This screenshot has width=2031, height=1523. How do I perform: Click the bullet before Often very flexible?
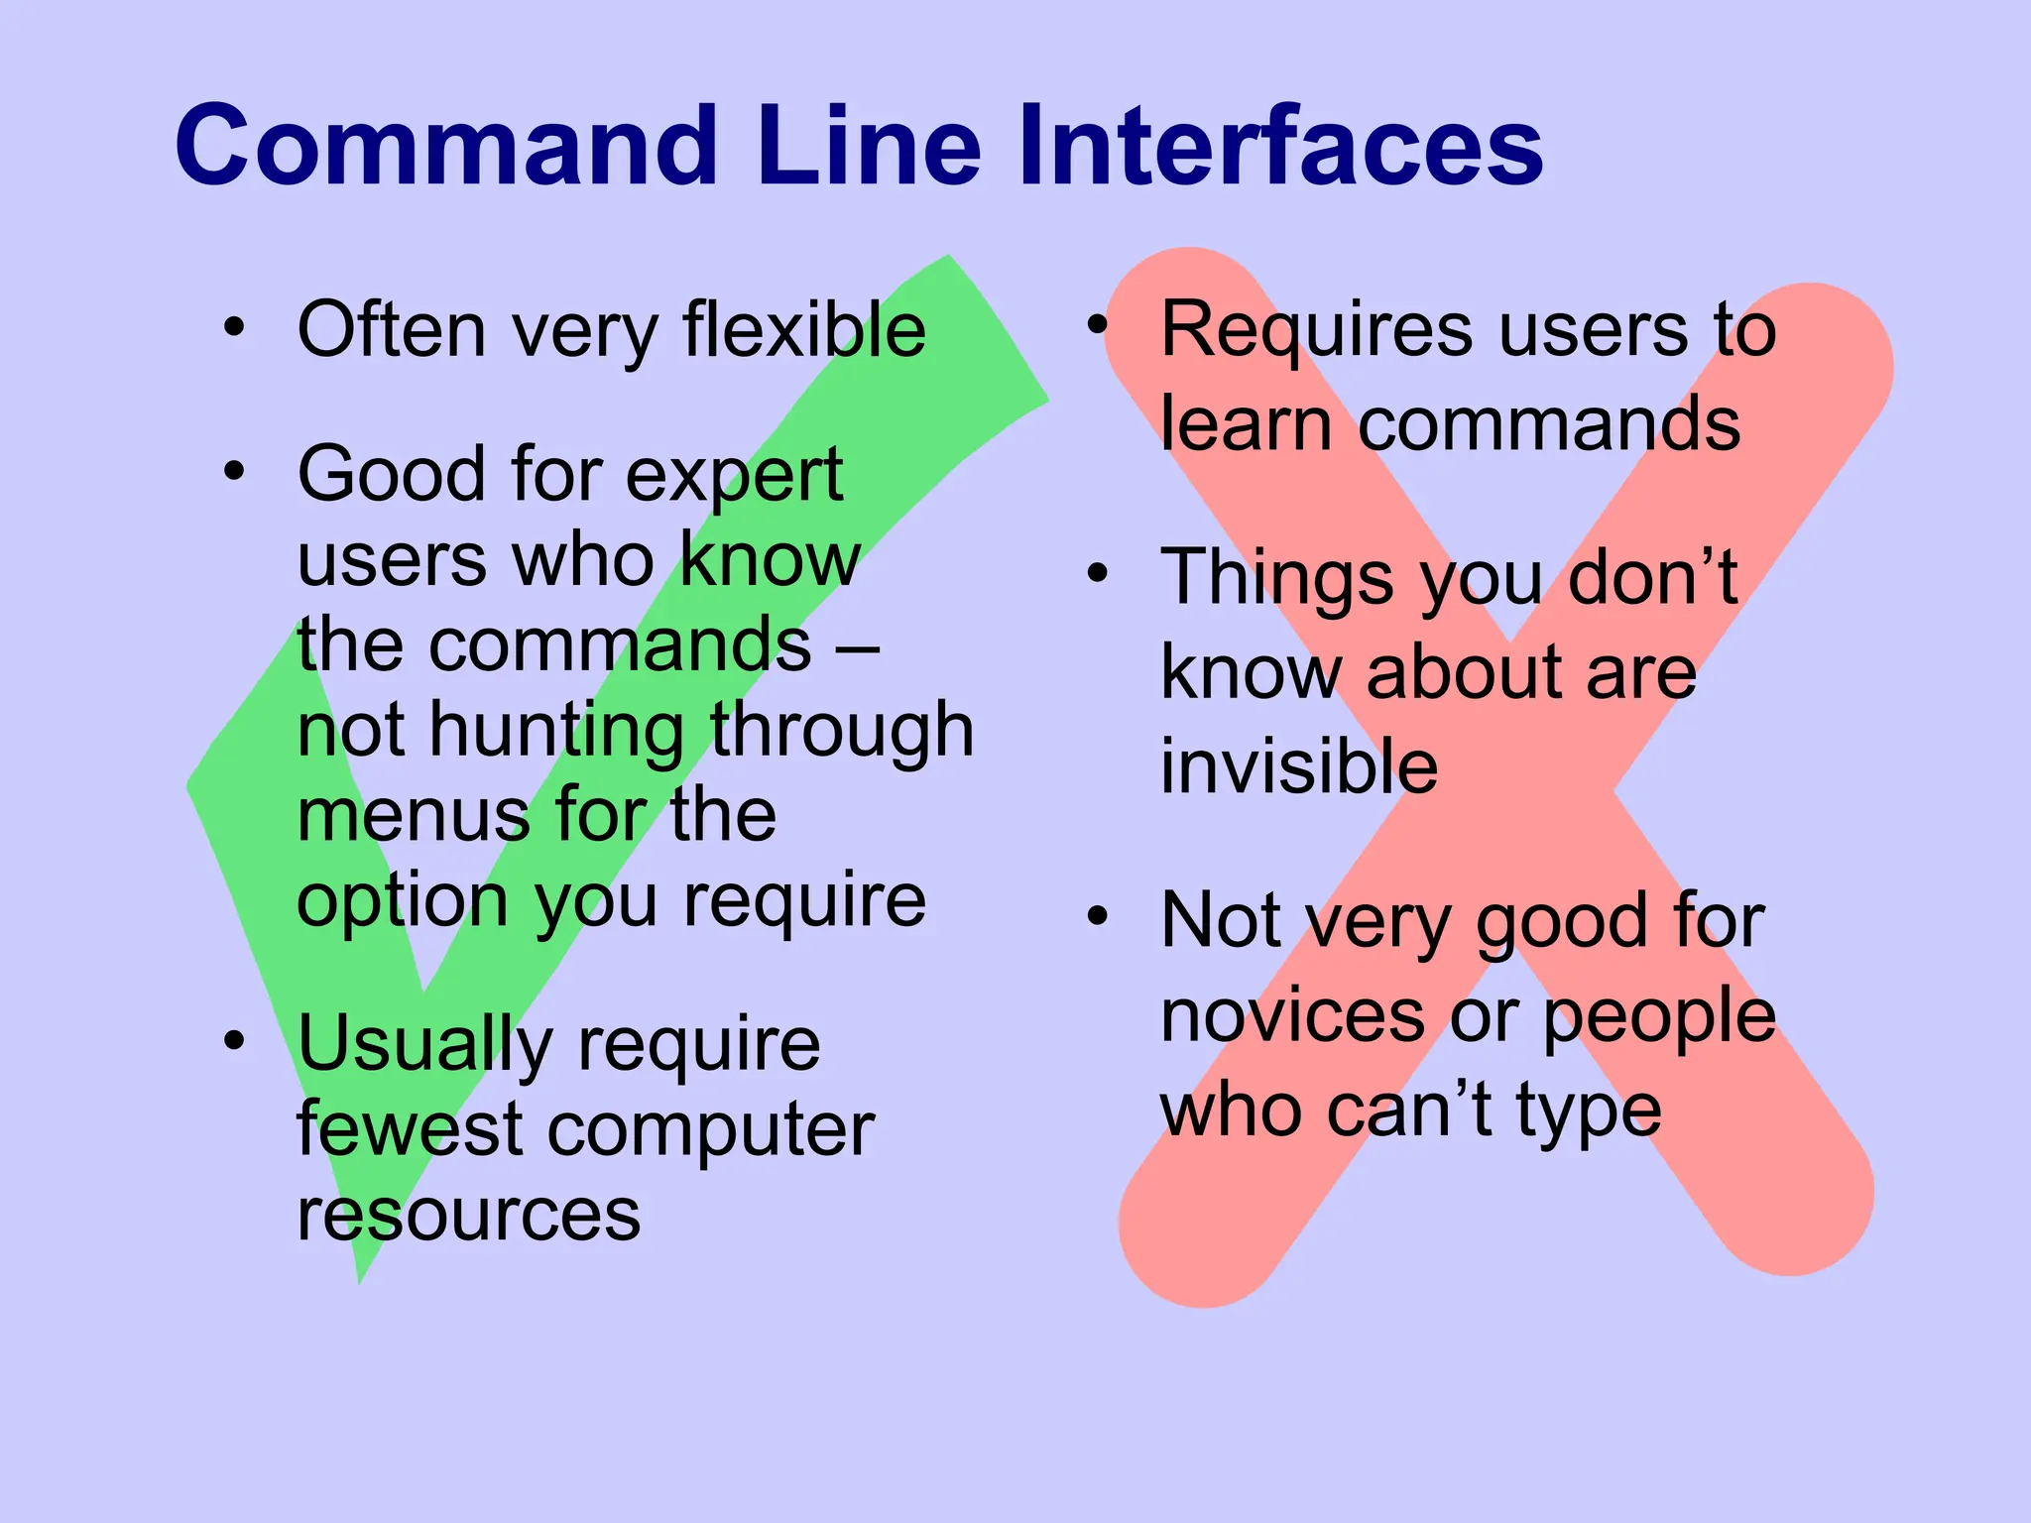point(234,326)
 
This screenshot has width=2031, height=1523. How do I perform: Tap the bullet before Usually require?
point(234,1040)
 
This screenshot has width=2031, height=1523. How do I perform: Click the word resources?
point(468,1216)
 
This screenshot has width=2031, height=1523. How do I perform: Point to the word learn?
point(1246,424)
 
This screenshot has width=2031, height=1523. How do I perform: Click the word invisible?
point(1298,766)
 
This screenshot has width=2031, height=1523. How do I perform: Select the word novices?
point(1293,1016)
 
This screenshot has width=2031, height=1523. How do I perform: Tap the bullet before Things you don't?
point(1097,573)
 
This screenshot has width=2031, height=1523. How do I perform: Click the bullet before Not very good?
point(1097,916)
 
